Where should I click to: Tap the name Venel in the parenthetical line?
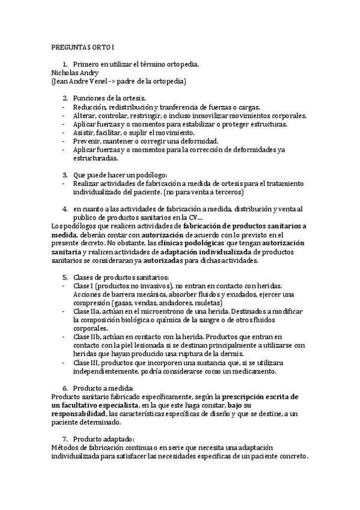tap(105, 80)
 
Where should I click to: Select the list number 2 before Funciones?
tap(65, 98)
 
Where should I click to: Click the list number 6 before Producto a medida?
tap(65, 389)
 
